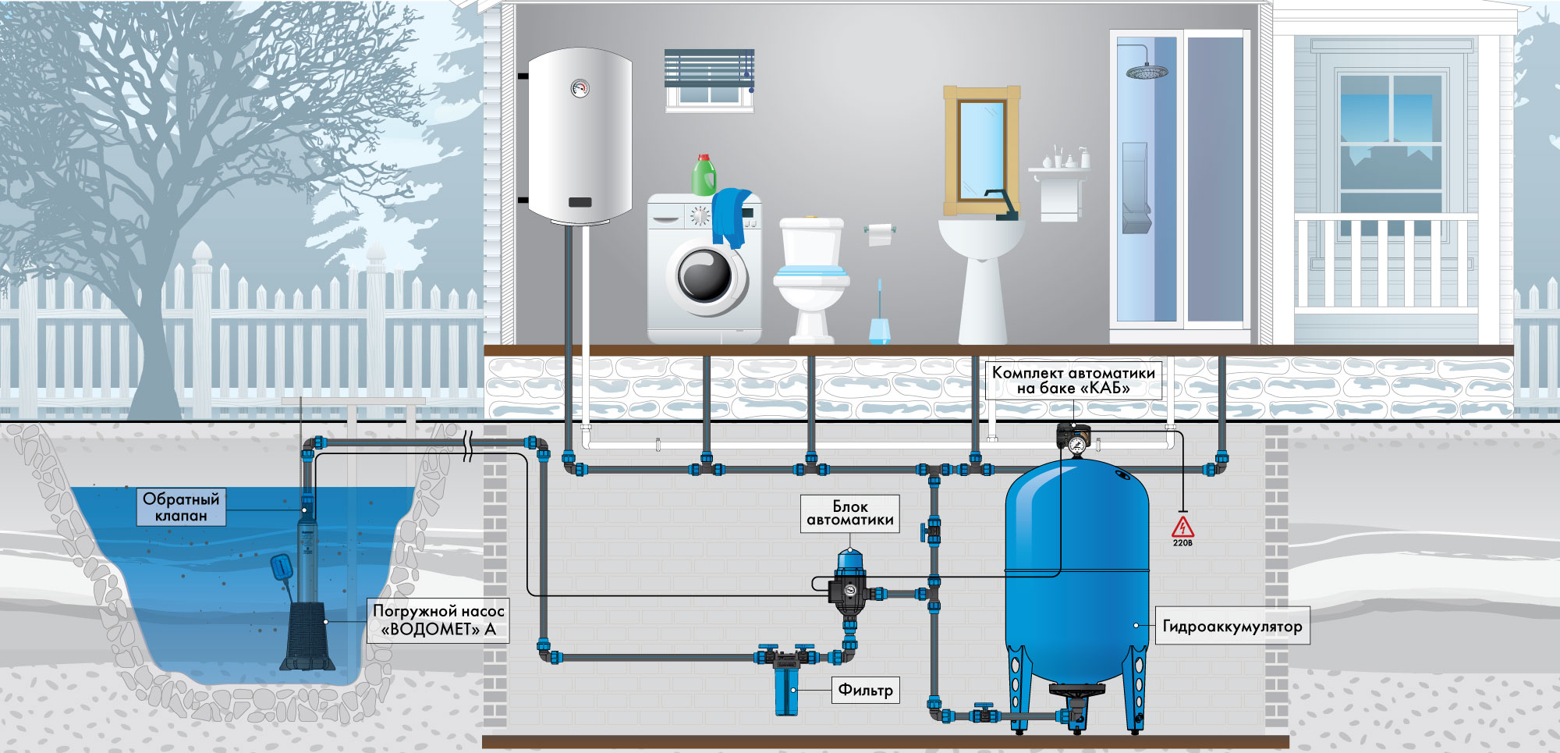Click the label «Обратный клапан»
(181, 507)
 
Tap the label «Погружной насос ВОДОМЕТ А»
(438, 620)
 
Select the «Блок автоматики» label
(850, 513)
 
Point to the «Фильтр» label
(865, 690)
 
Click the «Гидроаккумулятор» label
(1232, 626)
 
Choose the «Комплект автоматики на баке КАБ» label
(1073, 380)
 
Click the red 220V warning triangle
(1182, 527)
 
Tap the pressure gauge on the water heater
(580, 87)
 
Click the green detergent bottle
(704, 175)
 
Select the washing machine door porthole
(706, 276)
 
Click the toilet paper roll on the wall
(880, 233)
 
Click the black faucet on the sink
(1002, 204)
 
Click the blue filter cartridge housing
(786, 687)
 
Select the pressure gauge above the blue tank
(1077, 446)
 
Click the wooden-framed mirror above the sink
(982, 151)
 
